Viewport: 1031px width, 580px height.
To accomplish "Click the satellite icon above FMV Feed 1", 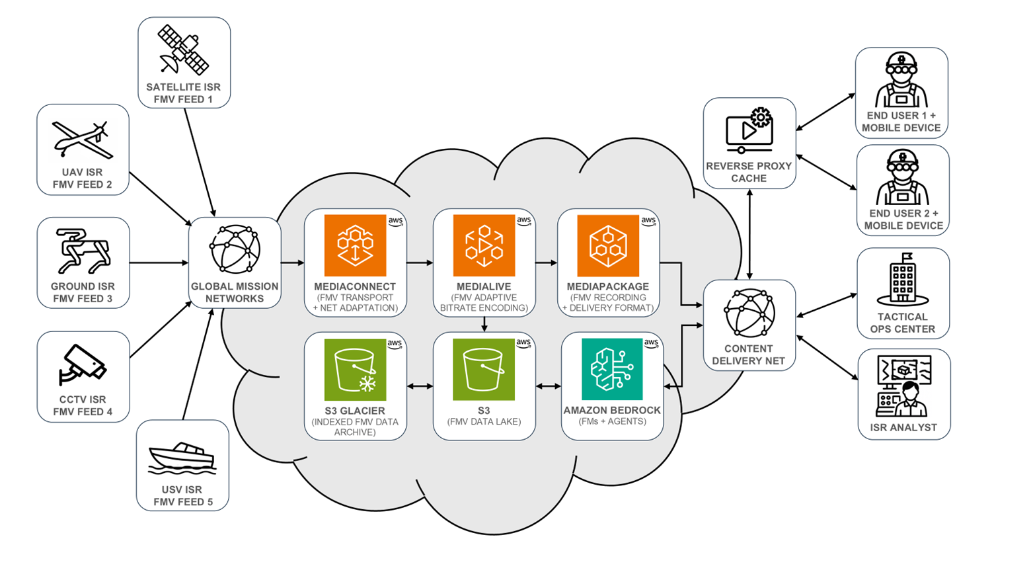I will coord(184,50).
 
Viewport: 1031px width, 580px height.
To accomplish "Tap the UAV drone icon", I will coord(82,140).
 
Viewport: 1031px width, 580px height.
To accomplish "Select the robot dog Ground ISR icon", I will coord(82,251).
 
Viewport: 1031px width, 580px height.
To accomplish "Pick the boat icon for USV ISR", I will coord(182,458).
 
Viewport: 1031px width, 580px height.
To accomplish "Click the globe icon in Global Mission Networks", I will coord(235,249).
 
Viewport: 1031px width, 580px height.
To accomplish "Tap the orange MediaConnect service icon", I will coord(355,245).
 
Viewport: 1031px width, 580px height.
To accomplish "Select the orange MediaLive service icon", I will coord(484,245).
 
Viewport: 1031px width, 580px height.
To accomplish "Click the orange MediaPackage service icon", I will coord(608,245).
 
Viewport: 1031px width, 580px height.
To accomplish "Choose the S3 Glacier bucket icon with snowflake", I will coord(355,370).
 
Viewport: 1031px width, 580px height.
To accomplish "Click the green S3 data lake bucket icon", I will coord(484,370).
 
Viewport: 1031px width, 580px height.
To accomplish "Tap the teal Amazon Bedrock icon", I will coord(612,369).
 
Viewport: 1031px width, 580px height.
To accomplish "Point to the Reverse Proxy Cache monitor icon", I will coord(749,130).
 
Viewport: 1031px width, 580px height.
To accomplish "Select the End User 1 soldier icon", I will coord(901,81).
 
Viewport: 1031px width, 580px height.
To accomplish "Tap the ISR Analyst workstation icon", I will coord(903,386).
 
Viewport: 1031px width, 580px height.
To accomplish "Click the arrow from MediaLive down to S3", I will coord(484,324).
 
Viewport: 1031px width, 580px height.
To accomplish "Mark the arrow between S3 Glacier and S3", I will coord(420,386).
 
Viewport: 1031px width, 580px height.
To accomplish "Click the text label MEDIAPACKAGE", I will coord(608,286).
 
